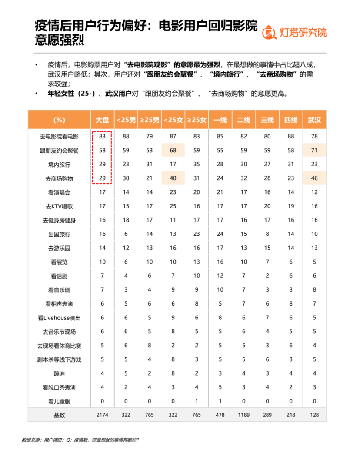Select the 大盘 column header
coord(102,120)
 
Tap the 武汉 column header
coord(314,120)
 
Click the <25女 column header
coord(173,120)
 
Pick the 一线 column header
coord(220,120)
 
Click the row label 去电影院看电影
coord(60,137)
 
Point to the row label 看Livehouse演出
coord(60,318)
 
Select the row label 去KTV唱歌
coord(60,206)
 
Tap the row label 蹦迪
coord(60,373)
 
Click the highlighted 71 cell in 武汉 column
coord(314,151)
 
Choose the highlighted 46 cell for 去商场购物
coord(314,178)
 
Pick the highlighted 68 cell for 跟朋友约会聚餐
coord(173,151)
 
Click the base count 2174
coord(102,415)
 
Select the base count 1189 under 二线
coord(243,415)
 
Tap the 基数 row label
coord(60,415)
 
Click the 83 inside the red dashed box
coord(102,137)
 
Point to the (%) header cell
coord(60,120)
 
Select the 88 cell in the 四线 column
coord(291,137)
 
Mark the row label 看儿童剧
coord(60,401)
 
